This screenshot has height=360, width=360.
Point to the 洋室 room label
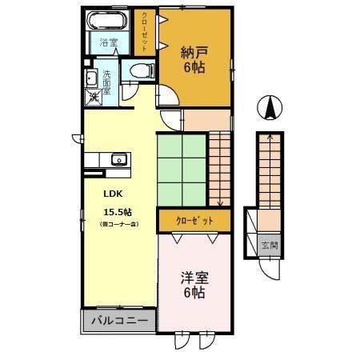point(193,278)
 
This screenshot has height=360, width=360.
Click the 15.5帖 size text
point(117,212)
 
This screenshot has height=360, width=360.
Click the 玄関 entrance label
point(270,245)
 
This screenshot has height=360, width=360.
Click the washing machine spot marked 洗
point(94,96)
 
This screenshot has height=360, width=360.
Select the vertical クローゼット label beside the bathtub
point(146,30)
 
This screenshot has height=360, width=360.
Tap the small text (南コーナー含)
point(118,225)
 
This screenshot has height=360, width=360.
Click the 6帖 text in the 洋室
point(193,293)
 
